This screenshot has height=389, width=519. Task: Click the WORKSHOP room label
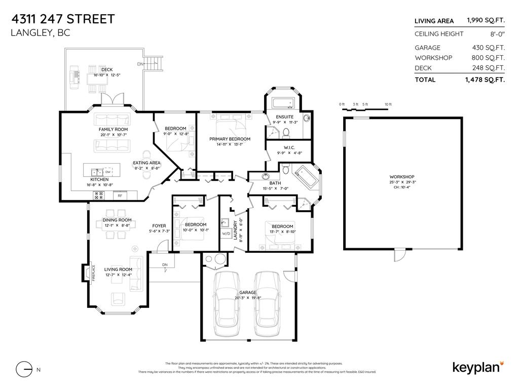click(402, 177)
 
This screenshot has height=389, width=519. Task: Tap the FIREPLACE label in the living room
click(94, 272)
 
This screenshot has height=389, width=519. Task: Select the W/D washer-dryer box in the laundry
click(226, 234)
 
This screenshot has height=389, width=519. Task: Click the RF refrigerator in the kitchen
click(120, 195)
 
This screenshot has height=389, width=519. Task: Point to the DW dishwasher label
click(108, 172)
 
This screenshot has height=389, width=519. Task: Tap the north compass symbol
click(24, 369)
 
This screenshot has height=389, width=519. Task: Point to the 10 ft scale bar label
click(388, 104)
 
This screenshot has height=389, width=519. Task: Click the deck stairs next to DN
click(156, 64)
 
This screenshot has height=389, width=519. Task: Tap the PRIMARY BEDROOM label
click(230, 139)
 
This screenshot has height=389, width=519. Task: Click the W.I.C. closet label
click(283, 148)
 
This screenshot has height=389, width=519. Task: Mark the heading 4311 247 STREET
click(63, 19)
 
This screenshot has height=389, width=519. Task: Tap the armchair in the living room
click(118, 299)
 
